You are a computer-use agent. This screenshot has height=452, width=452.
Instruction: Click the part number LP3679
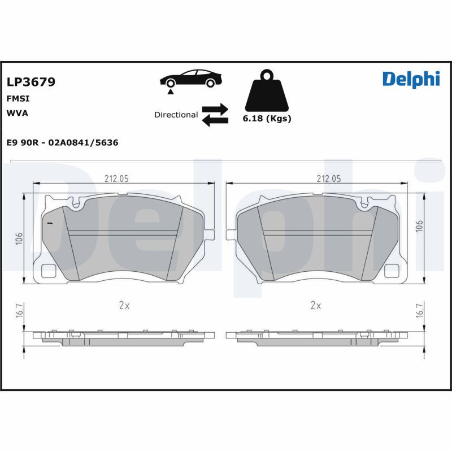point(31,82)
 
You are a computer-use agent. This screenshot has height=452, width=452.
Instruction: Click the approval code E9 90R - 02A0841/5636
point(62,143)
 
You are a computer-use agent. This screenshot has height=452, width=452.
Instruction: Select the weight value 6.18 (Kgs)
point(267,119)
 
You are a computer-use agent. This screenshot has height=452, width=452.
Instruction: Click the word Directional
point(176,115)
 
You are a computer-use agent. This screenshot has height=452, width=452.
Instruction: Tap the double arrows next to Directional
point(215,114)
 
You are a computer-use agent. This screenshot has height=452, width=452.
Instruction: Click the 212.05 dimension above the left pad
point(116,179)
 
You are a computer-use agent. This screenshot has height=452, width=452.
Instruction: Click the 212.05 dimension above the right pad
point(328,179)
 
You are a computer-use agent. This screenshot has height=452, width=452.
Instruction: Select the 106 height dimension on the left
point(19,238)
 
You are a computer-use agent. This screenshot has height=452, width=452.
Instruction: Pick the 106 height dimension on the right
point(419,226)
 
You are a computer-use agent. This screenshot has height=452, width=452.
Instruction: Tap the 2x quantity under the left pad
point(124,306)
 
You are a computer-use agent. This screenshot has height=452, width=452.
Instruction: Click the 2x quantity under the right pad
point(316,306)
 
